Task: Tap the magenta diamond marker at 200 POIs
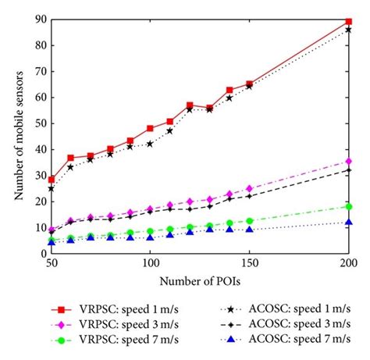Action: tap(348, 162)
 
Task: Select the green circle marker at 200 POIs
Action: tap(348, 206)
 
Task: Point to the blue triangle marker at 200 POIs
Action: tap(348, 223)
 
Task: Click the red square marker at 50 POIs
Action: tap(52, 180)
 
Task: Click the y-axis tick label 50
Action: tap(40, 123)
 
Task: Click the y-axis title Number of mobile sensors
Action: tap(16, 136)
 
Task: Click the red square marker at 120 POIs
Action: tap(190, 105)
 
